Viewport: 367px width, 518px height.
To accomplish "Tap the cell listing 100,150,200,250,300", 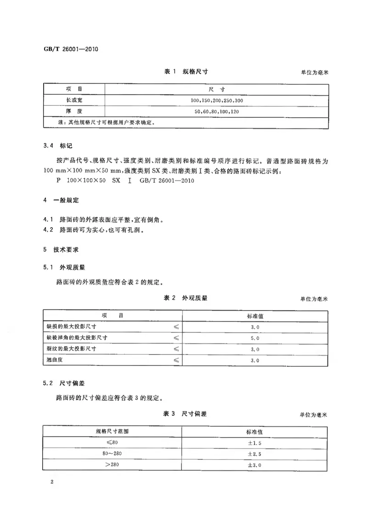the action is click(217, 100).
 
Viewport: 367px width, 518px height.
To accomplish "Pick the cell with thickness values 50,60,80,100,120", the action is click(217, 111).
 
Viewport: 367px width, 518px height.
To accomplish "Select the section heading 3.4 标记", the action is click(55, 146).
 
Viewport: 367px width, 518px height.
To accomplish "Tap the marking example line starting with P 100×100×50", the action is click(125, 181).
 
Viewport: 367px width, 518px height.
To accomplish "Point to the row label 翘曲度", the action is click(55, 360).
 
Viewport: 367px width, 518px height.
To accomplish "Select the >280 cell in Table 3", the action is click(112, 465).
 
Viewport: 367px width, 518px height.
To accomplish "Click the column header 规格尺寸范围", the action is click(112, 431).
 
